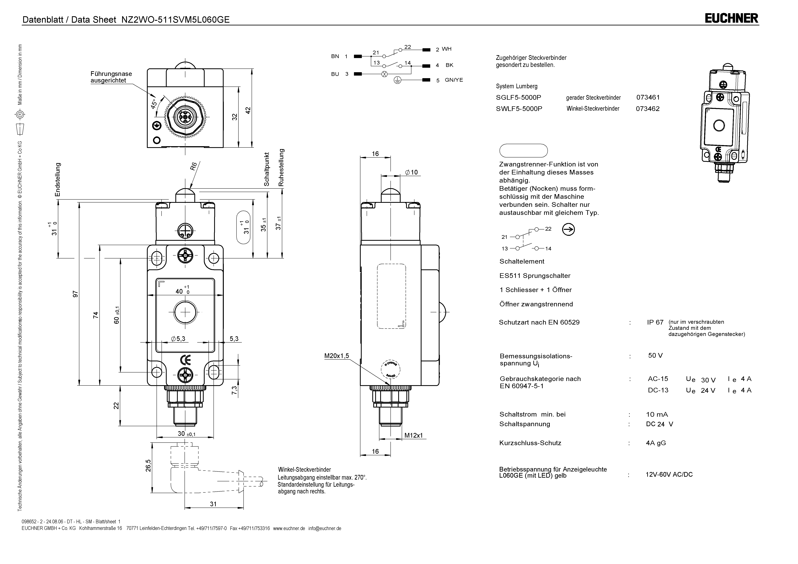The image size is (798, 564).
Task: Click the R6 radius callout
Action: (x=194, y=166)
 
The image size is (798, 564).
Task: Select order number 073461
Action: (x=648, y=98)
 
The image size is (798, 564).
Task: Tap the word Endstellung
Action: (x=58, y=179)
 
